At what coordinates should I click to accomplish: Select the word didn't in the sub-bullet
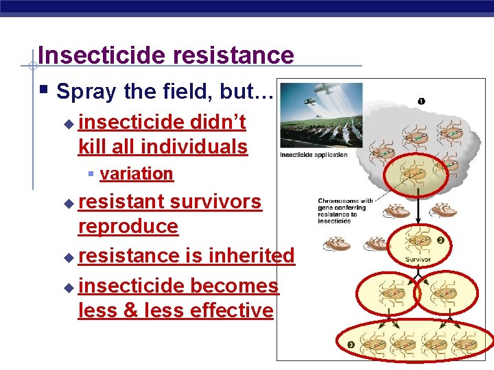pos(217,122)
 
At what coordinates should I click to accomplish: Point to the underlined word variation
pos(137,174)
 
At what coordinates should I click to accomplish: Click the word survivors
pos(215,201)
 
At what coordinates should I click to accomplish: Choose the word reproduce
pos(128,227)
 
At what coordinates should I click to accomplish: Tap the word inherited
pos(251,256)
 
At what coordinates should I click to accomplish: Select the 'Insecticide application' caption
pos(314,154)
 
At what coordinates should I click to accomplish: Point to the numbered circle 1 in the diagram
pos(421,101)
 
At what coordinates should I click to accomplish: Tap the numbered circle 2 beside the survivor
pos(440,241)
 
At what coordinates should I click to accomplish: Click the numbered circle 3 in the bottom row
pos(351,345)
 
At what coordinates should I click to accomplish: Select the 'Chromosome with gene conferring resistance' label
pos(346,208)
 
